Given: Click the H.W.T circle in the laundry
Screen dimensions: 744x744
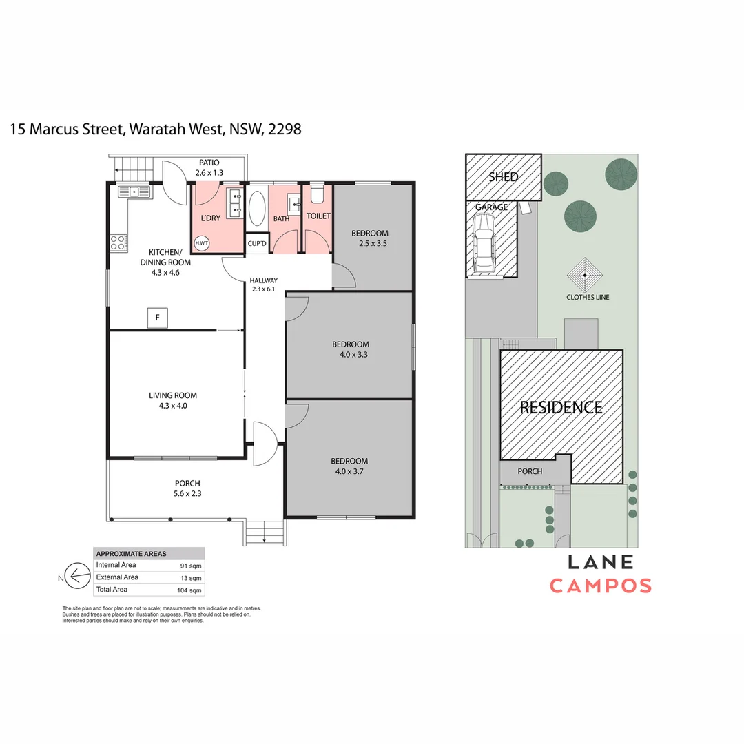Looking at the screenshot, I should tap(202, 242).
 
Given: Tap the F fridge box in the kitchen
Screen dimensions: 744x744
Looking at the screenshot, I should tap(158, 318).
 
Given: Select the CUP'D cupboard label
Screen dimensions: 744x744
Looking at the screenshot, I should tap(257, 243).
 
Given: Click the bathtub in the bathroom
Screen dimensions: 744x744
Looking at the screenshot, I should tap(256, 208).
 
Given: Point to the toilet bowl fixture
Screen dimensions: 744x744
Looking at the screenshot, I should tap(317, 194).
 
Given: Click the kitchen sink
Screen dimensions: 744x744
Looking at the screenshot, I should tap(134, 192).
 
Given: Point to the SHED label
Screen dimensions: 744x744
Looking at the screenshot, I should tap(503, 177).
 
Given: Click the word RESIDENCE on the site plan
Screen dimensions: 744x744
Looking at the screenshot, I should tap(561, 407).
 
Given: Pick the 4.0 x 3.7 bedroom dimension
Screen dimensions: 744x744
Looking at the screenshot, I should tap(349, 471).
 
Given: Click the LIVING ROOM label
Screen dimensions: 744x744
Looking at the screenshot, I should tap(173, 395).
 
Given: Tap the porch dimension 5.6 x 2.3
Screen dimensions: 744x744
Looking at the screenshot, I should tap(187, 493).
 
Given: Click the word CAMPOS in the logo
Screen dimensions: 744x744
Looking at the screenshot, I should tap(600, 586).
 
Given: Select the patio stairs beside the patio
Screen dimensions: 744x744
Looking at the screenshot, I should tap(132, 165).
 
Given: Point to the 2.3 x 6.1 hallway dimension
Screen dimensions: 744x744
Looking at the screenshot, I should tap(263, 289).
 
